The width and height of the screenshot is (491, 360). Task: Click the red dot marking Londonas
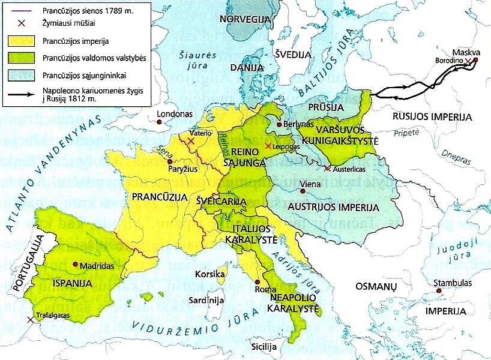point(158,122)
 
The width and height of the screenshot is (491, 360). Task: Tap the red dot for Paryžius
point(170,162)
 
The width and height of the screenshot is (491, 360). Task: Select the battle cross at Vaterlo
point(191,141)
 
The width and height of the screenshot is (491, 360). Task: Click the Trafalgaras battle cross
point(30,320)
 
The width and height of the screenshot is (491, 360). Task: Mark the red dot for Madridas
point(74,264)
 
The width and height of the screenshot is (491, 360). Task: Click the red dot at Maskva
point(475,59)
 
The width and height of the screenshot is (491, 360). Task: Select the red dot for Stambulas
point(439,290)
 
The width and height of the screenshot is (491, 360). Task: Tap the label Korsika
point(209,274)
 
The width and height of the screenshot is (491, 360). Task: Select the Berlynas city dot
point(279,125)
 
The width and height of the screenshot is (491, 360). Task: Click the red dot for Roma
point(257,281)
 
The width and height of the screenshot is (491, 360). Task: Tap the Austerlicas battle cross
point(327,169)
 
